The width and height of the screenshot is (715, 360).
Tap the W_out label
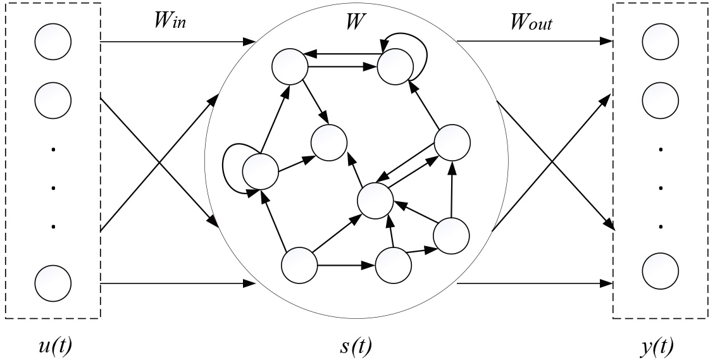(x=532, y=22)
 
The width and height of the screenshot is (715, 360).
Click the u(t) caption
(x=54, y=346)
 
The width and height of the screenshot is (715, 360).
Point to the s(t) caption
(x=354, y=346)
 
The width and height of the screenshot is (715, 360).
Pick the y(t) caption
(x=657, y=347)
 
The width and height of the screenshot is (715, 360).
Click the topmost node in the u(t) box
(x=53, y=42)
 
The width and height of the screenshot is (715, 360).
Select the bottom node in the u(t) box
(x=53, y=283)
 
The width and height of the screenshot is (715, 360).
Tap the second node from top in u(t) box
(x=53, y=100)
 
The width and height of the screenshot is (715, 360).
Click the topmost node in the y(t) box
(x=661, y=42)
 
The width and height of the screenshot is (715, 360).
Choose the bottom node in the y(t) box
(x=661, y=271)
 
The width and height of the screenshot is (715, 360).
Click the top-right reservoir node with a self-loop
(x=395, y=67)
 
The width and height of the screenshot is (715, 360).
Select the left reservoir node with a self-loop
(x=260, y=172)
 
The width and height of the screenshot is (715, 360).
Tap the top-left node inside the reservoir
(x=290, y=67)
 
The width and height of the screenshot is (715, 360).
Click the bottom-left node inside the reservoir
(x=299, y=265)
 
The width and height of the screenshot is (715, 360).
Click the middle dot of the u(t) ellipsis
(x=53, y=188)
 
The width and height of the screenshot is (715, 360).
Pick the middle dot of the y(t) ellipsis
(x=661, y=188)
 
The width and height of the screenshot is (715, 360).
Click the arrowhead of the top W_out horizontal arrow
(x=606, y=42)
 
